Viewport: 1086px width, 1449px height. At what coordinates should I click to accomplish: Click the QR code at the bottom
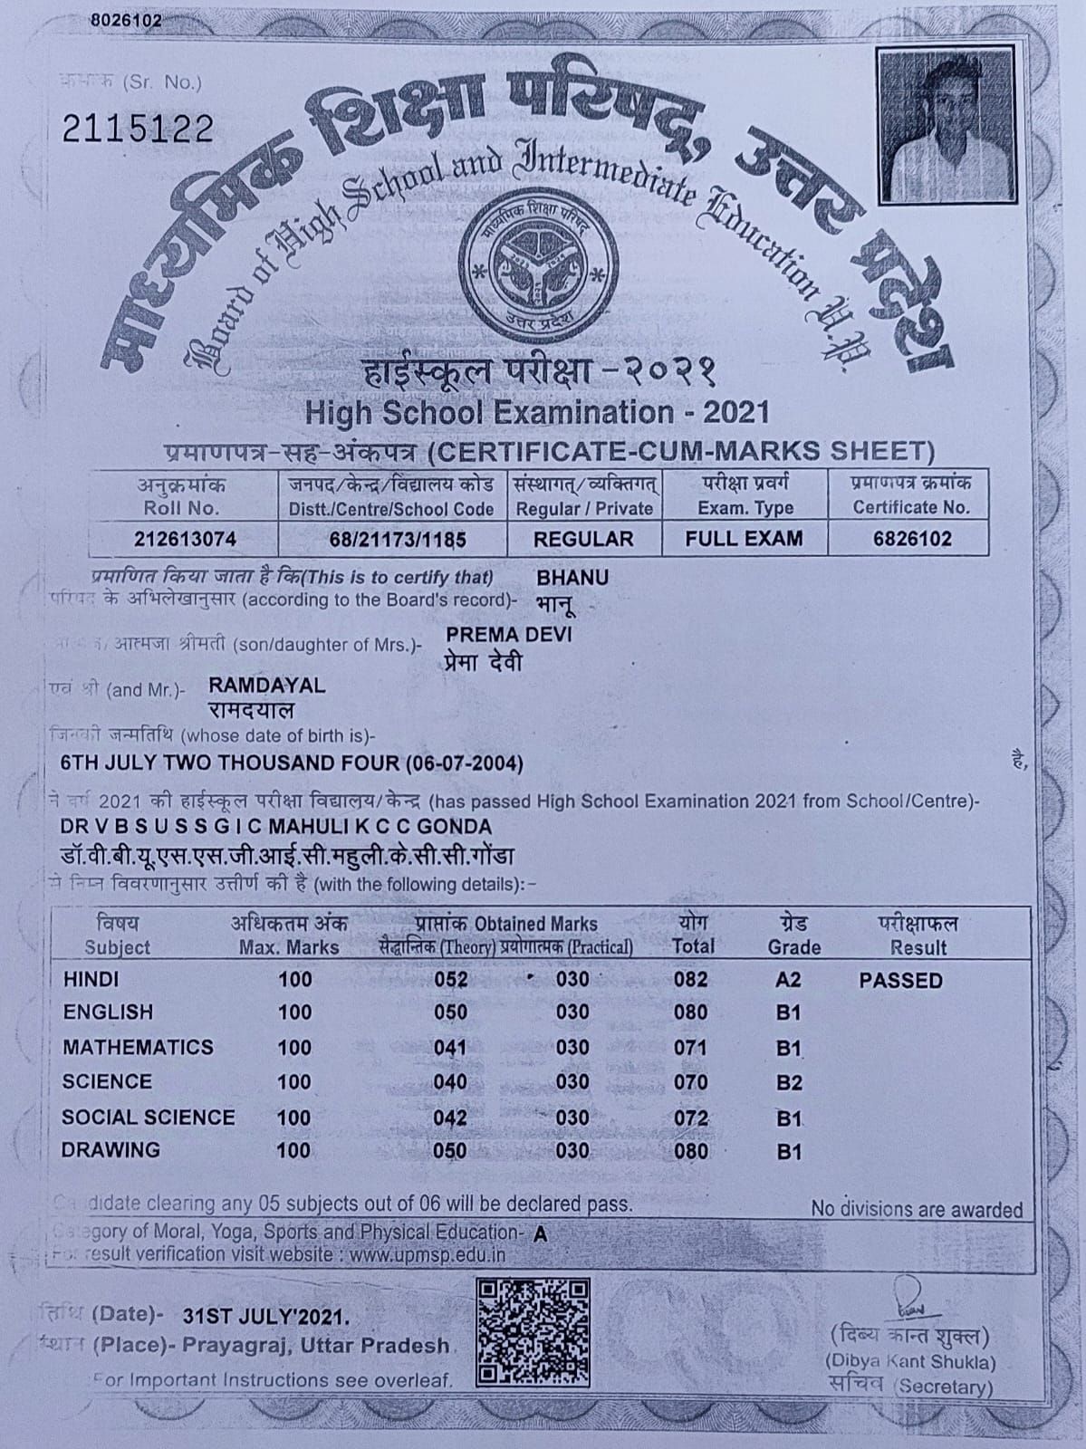tap(533, 1331)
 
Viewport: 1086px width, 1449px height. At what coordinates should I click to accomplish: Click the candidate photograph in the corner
tap(945, 125)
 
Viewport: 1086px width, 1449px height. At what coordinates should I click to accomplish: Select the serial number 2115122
tap(138, 129)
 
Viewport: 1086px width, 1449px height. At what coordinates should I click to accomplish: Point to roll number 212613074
tap(185, 540)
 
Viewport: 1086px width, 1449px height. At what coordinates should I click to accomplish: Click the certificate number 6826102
tap(912, 539)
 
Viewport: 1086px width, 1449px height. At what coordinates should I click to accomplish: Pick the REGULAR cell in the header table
tap(583, 539)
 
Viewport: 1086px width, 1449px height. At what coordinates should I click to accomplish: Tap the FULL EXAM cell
tap(744, 539)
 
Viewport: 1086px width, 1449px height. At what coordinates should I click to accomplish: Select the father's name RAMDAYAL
tap(266, 686)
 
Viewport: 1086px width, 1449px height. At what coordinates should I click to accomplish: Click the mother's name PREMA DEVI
tap(508, 634)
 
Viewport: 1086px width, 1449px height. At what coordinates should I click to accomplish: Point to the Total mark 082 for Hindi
tap(691, 980)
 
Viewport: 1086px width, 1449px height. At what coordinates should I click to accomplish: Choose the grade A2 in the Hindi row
tap(788, 980)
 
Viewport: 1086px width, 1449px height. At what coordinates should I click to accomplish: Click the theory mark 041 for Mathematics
tap(450, 1048)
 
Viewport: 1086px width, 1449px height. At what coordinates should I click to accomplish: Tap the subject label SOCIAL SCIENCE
tap(148, 1118)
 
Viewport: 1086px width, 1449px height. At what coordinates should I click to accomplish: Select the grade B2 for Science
tap(789, 1083)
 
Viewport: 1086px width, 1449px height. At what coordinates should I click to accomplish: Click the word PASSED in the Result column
tap(900, 981)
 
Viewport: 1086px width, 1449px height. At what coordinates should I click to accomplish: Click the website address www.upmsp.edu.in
tap(427, 1255)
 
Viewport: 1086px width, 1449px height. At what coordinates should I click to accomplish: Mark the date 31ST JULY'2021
tap(265, 1315)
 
